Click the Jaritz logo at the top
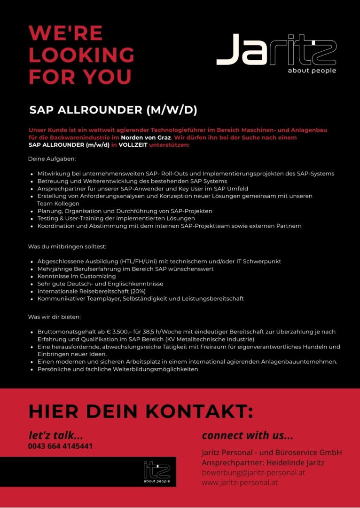pos(276,49)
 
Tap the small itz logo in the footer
pos(157,470)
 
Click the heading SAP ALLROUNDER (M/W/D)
pos(113,110)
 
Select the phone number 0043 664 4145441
pos(61,446)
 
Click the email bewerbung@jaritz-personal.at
pos(253,472)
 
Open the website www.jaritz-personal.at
pos(240,482)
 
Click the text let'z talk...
pos(56,435)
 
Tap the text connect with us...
pos(248,435)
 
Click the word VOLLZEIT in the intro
pos(133,145)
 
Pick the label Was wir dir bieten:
pos(55,317)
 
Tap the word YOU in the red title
pos(108,77)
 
